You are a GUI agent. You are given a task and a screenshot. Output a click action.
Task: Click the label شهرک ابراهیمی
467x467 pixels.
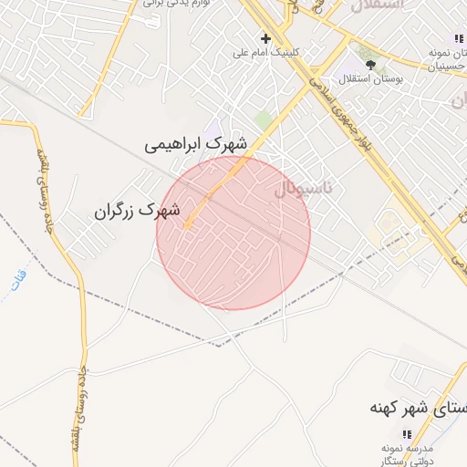point(196,144)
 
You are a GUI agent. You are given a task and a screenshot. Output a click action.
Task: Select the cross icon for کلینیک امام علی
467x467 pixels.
point(265,38)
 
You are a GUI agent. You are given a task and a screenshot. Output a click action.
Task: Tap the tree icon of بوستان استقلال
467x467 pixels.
point(371,64)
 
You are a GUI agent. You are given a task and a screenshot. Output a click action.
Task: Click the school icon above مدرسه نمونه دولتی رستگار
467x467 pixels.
point(407,433)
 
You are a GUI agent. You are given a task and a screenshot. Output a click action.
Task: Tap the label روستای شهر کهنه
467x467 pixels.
point(418,406)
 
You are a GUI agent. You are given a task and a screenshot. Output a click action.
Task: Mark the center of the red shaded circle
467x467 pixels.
point(233,233)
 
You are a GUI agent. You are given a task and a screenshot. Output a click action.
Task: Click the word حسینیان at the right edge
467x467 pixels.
point(449,67)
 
